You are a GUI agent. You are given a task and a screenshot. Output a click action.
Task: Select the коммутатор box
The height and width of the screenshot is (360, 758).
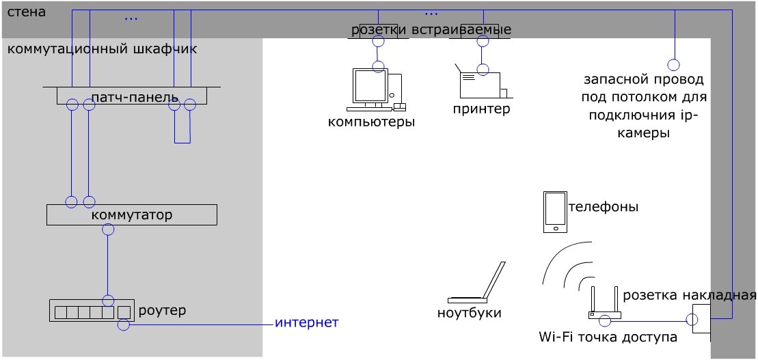click(x=131, y=215)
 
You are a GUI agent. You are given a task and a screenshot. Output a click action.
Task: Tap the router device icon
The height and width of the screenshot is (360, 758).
click(x=90, y=311)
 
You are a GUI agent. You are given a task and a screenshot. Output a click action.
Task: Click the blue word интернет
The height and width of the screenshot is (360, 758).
click(x=307, y=322)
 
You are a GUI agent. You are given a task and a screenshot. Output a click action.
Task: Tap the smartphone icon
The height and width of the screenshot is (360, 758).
click(x=554, y=212)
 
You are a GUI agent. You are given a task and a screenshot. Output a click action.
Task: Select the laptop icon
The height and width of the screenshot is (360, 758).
click(x=478, y=284)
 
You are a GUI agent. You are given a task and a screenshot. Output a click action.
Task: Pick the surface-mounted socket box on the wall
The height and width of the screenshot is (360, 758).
click(x=701, y=318)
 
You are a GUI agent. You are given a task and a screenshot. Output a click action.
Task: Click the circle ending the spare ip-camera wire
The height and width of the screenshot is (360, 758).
click(x=674, y=66)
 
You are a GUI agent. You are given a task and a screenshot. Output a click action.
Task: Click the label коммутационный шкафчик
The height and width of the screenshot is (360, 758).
click(x=102, y=49)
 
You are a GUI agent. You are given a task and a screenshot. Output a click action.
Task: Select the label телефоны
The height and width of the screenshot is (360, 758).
click(x=604, y=206)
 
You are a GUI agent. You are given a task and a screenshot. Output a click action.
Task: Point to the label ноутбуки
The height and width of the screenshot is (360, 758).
click(x=470, y=313)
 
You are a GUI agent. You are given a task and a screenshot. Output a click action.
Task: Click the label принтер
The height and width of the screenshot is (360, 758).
click(x=481, y=109)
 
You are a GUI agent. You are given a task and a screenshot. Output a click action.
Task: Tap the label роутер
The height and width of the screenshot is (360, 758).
click(x=162, y=310)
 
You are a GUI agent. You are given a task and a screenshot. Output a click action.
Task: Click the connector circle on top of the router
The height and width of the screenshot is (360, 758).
click(x=108, y=301)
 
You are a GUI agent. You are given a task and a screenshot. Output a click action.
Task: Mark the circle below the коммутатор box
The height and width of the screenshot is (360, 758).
click(x=107, y=230)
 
